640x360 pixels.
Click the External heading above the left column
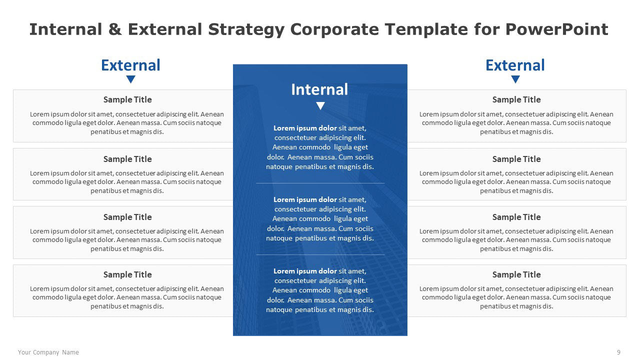130,65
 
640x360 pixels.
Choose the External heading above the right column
515,65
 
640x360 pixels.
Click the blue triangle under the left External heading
130,79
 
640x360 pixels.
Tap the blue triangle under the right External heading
515,79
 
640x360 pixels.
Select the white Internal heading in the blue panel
319,89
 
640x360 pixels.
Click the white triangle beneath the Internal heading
320,105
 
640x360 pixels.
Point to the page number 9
618,352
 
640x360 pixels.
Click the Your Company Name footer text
48,352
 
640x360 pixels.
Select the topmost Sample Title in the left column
127,99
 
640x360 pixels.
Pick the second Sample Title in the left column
127,159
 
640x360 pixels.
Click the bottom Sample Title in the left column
127,274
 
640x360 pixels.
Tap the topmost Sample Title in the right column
516,99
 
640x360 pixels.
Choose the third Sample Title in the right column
516,217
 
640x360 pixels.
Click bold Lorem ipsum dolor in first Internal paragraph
305,128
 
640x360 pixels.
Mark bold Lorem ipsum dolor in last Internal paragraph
305,271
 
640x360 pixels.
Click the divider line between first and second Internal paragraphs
320,183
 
